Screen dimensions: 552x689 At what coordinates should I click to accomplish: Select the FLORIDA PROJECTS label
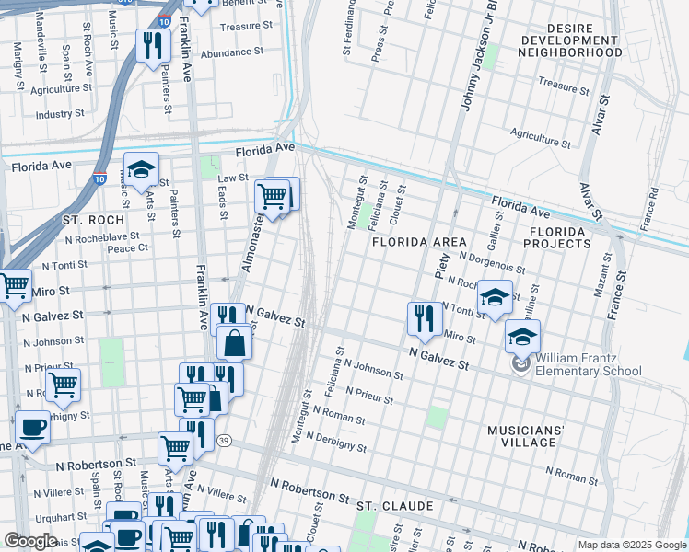coord(556,237)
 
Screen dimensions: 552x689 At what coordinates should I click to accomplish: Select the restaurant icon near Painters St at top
coord(153,46)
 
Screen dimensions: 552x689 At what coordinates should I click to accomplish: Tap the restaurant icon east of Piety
coord(423,317)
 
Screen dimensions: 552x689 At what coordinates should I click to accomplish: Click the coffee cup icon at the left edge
coord(33,428)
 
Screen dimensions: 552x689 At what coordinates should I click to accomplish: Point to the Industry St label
coord(60,115)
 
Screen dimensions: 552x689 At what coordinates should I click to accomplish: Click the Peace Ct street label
coord(127,248)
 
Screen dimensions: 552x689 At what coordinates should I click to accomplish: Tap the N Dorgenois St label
coord(491,263)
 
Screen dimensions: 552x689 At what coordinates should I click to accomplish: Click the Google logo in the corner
coord(31,541)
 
